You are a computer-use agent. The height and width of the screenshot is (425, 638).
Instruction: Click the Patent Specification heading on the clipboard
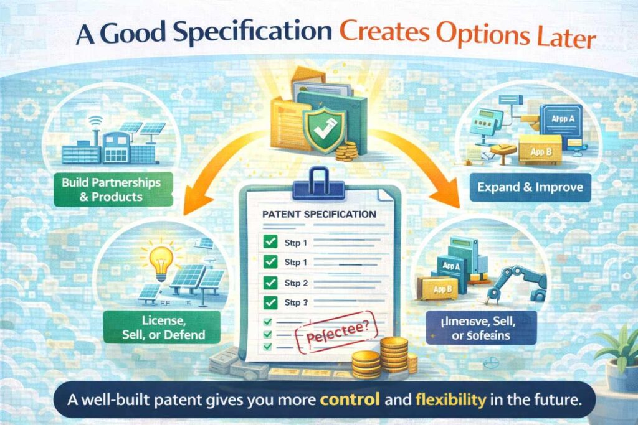pos(320,214)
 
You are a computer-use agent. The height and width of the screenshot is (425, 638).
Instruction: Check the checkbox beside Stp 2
pos(270,282)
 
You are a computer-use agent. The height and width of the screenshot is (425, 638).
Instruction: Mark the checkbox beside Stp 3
pos(270,303)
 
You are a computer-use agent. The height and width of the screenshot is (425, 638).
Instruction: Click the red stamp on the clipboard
pos(330,337)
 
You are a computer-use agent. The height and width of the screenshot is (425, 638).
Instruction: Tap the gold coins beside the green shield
pos(346,150)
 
